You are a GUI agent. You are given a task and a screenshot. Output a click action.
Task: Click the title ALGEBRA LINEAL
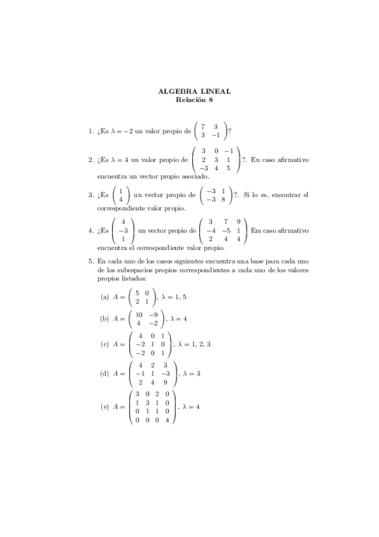point(194,91)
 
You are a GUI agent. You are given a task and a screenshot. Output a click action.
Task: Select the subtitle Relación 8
point(194,99)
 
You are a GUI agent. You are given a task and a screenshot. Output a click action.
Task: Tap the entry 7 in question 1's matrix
point(202,127)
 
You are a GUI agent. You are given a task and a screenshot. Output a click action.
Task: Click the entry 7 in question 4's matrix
point(224,222)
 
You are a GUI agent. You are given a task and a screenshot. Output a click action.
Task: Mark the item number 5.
point(90,260)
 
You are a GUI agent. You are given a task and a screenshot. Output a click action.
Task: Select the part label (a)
point(105,296)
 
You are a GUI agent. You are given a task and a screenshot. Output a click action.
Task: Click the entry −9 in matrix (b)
point(152,314)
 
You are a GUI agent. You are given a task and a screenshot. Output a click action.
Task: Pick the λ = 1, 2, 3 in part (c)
point(194,344)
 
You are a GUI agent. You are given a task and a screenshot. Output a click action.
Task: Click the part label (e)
point(105,406)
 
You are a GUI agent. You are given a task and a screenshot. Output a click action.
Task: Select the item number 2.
point(90,160)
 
